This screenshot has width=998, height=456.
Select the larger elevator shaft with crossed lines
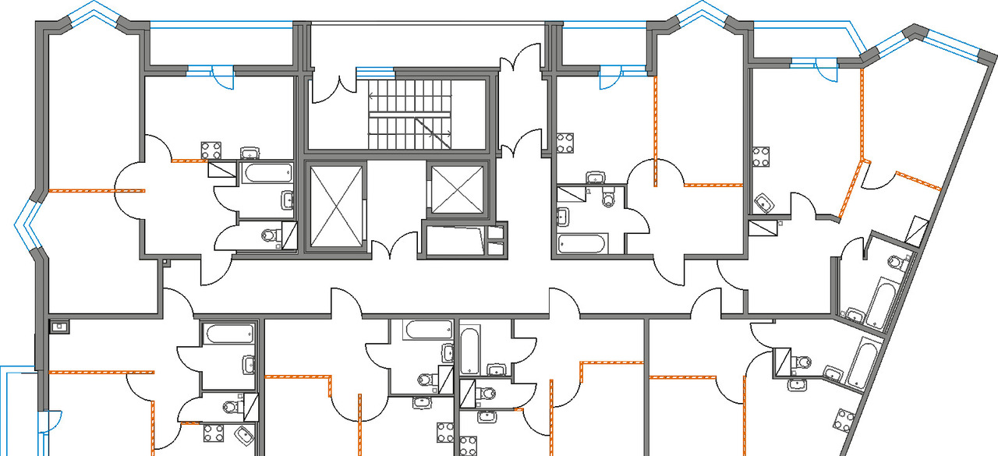(337, 205)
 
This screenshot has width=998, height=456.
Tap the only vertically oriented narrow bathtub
(470, 351)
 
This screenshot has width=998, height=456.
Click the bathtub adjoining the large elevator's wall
(266, 171)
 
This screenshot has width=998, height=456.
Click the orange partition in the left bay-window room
(82, 190)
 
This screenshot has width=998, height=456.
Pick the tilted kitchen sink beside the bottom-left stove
(245, 435)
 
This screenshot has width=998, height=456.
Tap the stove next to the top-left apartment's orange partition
(211, 150)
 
